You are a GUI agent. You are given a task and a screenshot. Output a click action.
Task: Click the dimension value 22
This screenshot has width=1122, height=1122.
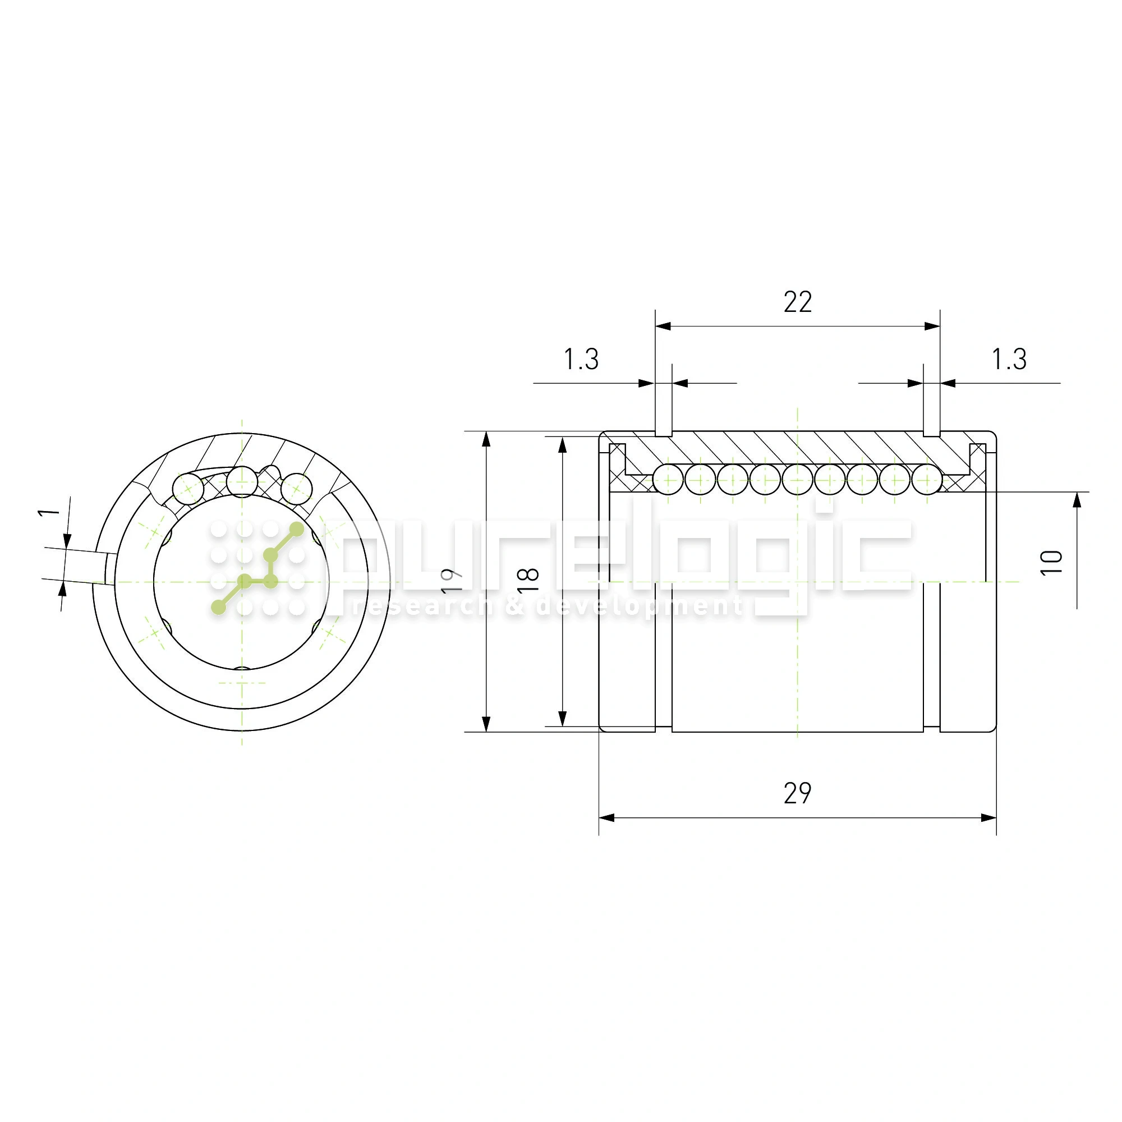(797, 302)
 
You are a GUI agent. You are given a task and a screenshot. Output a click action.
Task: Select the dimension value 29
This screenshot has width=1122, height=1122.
(797, 793)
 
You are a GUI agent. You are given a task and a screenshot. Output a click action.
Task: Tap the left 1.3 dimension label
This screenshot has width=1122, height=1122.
(581, 359)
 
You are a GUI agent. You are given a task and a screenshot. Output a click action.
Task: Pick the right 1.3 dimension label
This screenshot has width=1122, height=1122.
(1009, 359)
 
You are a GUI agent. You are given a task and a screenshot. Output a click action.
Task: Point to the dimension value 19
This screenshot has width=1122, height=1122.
(451, 581)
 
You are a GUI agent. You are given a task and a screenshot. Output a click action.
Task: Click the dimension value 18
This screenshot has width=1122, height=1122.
(528, 581)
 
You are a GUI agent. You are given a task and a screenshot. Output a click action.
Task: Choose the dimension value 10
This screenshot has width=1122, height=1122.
(1051, 562)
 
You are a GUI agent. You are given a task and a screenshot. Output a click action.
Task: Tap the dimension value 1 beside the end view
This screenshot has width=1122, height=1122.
(49, 512)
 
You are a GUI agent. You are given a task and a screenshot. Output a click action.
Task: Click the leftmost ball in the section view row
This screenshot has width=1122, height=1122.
(668, 480)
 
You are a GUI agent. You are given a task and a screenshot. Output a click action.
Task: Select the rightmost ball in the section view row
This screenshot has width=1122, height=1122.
(927, 480)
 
